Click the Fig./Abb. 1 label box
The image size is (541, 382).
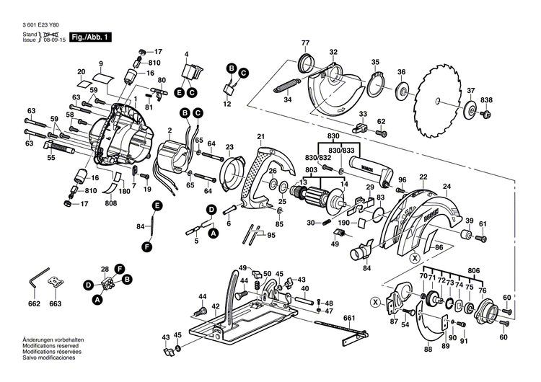(x=91, y=36)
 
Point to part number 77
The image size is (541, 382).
(x=305, y=43)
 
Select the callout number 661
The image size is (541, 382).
(x=349, y=318)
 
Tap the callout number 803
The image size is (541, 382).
(x=311, y=170)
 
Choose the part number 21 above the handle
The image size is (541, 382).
(x=260, y=137)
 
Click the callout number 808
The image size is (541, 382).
(x=110, y=204)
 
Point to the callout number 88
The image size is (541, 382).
(x=428, y=350)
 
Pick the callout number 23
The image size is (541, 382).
(x=229, y=147)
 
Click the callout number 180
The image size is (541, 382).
(x=124, y=192)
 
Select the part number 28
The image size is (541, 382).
(x=105, y=268)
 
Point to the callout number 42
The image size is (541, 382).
(x=216, y=307)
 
